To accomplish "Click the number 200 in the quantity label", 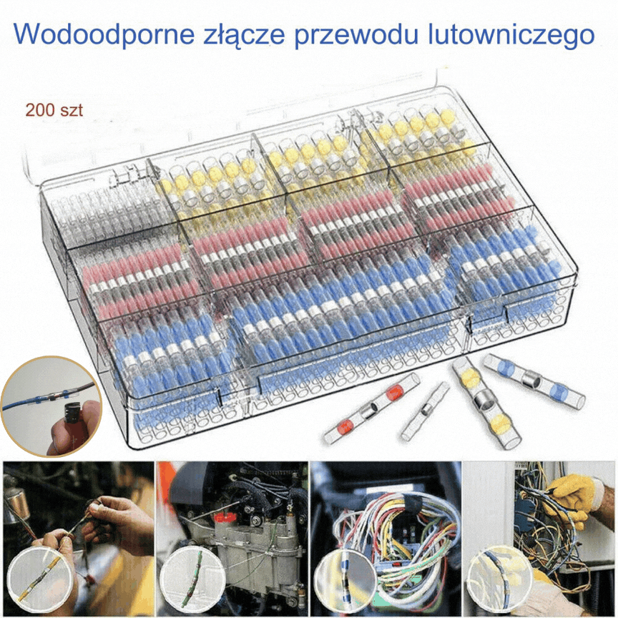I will [40, 111].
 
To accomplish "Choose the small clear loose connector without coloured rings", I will [426, 411].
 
